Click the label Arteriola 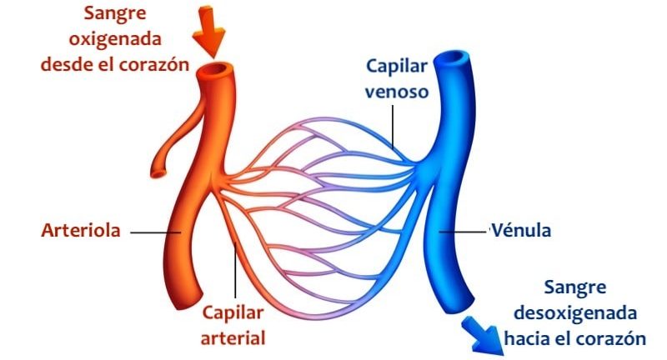point(81,231)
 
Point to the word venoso point(396,90)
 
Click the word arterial point(233,338)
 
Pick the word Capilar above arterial point(233,314)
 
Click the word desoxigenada point(575,314)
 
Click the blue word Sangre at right point(575,289)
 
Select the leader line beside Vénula point(464,231)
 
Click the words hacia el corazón point(575,338)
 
